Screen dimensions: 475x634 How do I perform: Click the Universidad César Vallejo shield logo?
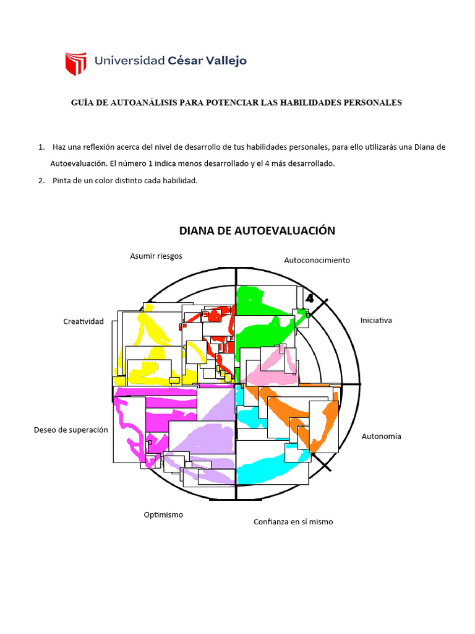[x=75, y=63]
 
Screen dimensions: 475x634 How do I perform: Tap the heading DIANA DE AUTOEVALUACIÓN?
[x=257, y=231]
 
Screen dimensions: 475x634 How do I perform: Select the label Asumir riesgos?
[x=156, y=256]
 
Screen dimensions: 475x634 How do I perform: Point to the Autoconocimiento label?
[x=317, y=260]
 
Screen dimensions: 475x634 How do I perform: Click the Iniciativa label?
[x=376, y=321]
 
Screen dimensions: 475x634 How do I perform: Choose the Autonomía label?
[x=381, y=436]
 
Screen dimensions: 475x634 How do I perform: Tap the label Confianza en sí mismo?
[x=293, y=522]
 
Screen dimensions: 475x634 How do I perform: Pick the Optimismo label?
[x=163, y=515]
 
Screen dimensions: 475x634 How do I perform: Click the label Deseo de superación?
[x=71, y=430]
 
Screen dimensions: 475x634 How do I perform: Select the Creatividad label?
[x=83, y=321]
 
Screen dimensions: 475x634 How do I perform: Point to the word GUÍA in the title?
[x=83, y=103]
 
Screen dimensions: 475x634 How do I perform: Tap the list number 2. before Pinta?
[x=41, y=181]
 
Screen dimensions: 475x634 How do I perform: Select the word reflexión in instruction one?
[x=106, y=147]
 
